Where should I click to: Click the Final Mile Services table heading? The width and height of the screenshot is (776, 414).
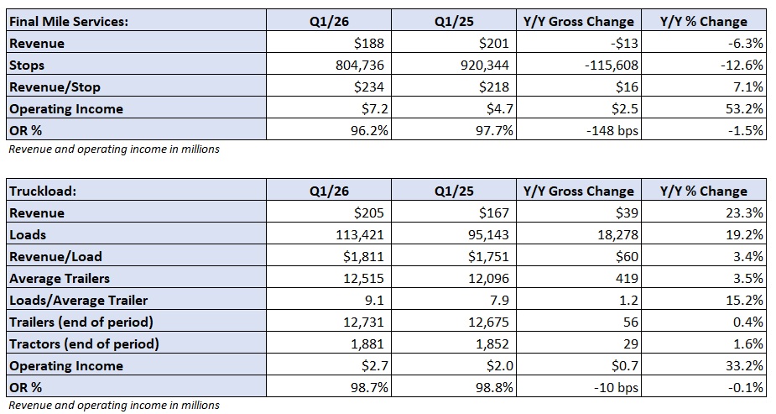pos(69,22)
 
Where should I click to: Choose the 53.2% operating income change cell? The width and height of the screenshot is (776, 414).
pos(743,109)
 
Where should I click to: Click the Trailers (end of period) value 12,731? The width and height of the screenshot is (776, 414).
pos(361,322)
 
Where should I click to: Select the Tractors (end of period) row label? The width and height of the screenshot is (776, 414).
pos(84,343)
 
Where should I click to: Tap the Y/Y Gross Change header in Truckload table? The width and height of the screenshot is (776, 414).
pos(579,191)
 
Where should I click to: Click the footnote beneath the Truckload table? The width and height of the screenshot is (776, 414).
pos(113,406)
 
